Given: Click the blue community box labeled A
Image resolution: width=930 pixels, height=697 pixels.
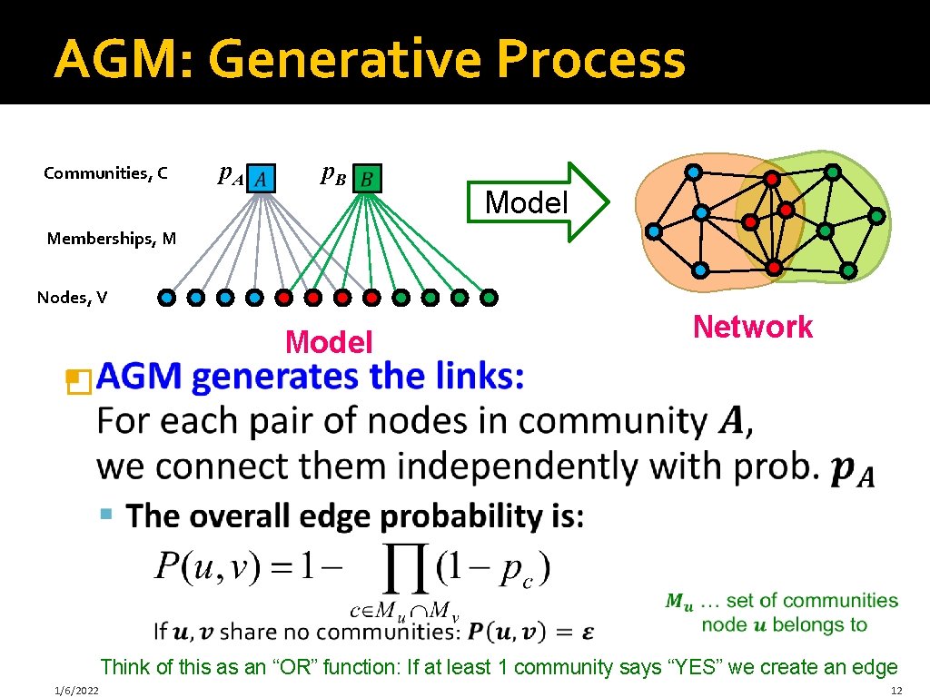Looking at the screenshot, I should tap(260, 178).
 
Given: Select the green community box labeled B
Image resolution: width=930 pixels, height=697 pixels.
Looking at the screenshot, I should tap(367, 178).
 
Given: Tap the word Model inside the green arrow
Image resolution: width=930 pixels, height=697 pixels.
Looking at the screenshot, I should tap(526, 201).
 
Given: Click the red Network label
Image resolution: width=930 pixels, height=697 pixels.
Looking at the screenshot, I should tap(752, 327).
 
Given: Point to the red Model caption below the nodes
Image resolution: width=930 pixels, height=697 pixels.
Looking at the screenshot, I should tap(329, 342).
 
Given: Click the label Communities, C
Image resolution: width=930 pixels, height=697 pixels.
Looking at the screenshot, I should tap(105, 172).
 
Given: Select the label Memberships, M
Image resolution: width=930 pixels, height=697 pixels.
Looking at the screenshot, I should tap(112, 239).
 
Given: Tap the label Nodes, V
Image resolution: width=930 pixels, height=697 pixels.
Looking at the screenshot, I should tap(72, 297).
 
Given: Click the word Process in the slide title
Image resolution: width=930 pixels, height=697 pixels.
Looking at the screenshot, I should tap(581, 60).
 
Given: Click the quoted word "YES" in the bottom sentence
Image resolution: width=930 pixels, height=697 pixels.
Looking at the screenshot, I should tap(689, 667).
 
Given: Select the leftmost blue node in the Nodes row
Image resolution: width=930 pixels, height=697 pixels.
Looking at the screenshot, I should tap(167, 297).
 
